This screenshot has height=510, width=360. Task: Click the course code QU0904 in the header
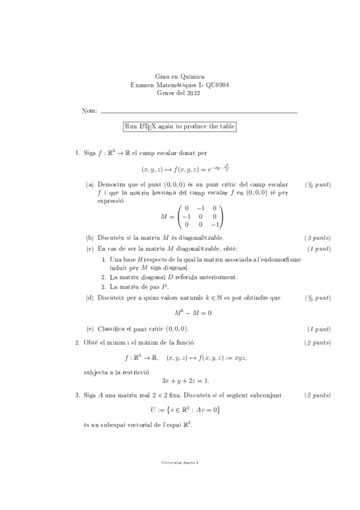tap(216, 85)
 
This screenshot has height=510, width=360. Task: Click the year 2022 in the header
tap(194, 94)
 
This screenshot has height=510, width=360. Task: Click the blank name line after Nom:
tap(199, 112)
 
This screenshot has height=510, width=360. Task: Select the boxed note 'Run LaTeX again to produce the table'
tap(179, 126)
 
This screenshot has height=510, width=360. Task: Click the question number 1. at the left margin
tap(78, 153)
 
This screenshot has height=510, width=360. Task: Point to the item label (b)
tap(90, 238)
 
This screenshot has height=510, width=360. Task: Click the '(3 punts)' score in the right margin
tap(318, 238)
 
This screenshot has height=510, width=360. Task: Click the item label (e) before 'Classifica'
tap(90, 329)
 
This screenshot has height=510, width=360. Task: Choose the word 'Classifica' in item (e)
tap(111, 329)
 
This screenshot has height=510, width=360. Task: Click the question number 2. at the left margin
tap(78, 343)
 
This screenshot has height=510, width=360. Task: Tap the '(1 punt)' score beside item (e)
tap(319, 329)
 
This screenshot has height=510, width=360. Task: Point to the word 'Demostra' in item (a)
tap(111, 184)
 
